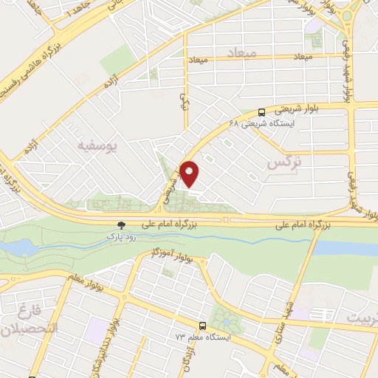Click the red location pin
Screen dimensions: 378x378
pyautogui.click(x=190, y=174)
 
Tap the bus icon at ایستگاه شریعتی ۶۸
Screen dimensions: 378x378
pyautogui.click(x=262, y=114)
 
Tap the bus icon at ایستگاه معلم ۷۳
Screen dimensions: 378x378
pyautogui.click(x=202, y=325)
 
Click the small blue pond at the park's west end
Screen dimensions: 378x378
pyautogui.click(x=22, y=244)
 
